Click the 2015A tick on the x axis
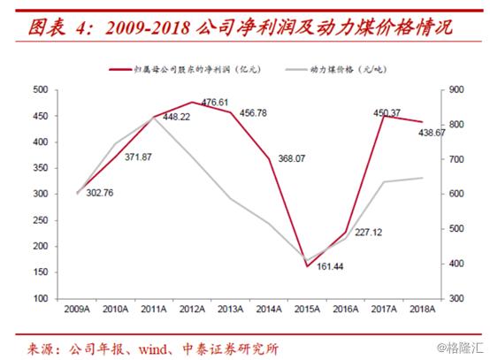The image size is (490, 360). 308,309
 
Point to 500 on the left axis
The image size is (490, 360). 39,90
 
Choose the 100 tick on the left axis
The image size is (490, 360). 39,299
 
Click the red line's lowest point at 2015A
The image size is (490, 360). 308,266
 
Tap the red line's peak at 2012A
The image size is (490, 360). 193,103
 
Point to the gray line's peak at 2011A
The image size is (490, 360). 154,117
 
